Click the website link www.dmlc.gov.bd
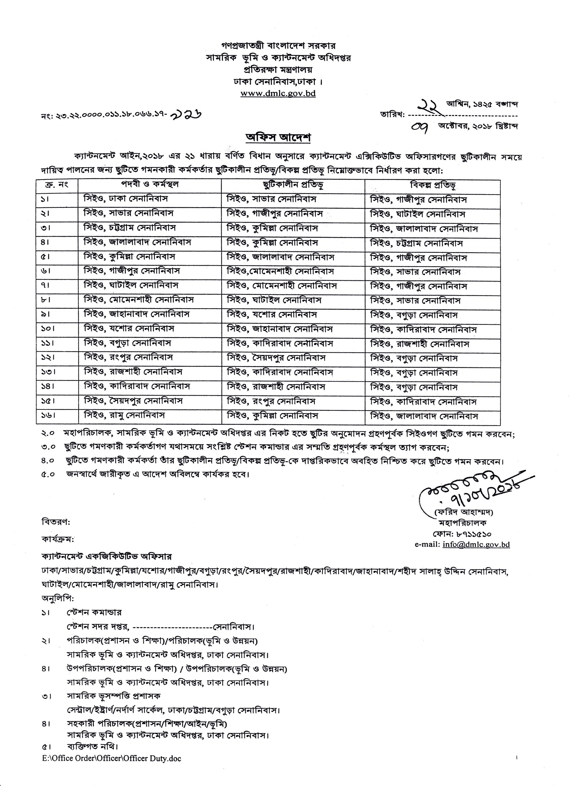click(278, 93)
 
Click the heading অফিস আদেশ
click(278, 137)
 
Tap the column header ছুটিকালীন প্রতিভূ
click(293, 185)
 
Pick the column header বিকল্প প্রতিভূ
click(432, 186)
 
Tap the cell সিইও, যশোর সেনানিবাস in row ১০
click(128, 328)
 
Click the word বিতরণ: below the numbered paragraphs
click(55, 521)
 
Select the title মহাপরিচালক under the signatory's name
click(462, 523)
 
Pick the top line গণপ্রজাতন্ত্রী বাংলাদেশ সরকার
click(278, 46)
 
